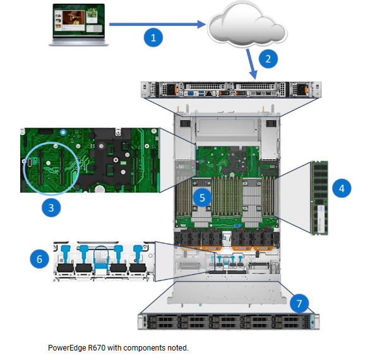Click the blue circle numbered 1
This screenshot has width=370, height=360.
tap(153, 37)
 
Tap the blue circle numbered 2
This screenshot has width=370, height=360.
tap(268, 59)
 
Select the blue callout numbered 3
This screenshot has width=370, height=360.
tap(51, 208)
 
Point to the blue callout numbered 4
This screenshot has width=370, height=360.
tap(342, 188)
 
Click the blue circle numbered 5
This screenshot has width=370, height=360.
tap(202, 198)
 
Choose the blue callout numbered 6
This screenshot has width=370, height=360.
tap(39, 259)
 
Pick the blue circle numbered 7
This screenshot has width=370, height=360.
tap(299, 303)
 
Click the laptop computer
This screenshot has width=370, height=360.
tap(78, 25)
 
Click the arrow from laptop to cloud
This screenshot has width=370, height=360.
tap(158, 24)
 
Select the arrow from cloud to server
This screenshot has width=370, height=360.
tap(251, 64)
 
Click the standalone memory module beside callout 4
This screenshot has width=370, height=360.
tap(319, 198)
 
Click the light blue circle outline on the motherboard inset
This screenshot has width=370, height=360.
tap(51, 143)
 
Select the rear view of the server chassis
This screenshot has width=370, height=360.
tap(231, 90)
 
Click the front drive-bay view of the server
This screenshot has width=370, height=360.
tap(229, 321)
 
